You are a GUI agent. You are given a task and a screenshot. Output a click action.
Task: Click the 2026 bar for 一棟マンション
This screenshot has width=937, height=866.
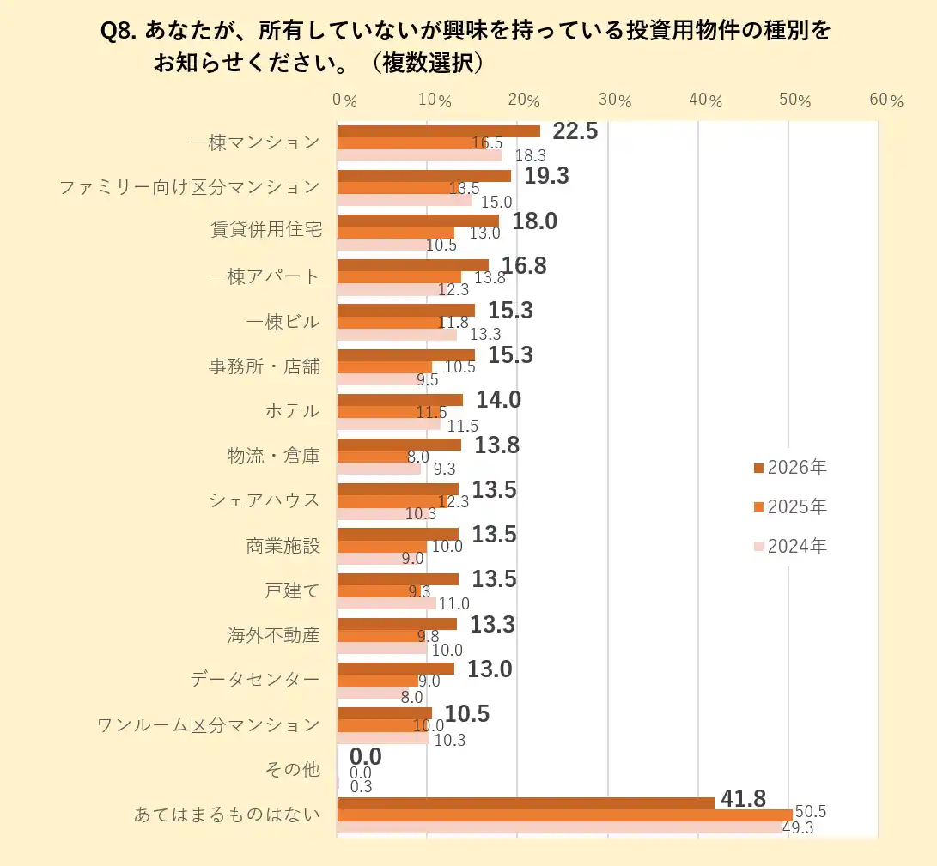click(438, 131)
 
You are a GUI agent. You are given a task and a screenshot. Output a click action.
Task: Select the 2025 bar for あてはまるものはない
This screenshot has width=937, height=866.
click(564, 815)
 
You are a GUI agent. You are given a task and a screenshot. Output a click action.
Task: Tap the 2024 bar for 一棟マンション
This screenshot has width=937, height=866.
click(419, 155)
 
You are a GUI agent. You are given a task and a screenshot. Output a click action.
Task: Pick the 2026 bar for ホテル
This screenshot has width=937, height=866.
click(399, 400)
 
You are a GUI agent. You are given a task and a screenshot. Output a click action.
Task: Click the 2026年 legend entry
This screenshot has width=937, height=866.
click(790, 468)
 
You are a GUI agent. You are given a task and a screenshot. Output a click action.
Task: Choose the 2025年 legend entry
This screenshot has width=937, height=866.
click(790, 507)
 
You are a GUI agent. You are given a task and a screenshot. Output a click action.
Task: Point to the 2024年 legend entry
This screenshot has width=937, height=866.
click(790, 546)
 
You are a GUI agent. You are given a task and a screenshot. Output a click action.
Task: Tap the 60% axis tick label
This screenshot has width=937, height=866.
click(885, 100)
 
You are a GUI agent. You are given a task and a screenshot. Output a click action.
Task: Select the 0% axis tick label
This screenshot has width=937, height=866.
click(344, 100)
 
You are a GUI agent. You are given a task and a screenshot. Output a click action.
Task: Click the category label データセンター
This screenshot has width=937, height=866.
click(255, 680)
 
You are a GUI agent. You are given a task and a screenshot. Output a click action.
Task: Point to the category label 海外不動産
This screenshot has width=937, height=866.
click(273, 635)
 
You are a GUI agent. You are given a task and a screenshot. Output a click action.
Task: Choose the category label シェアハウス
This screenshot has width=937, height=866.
click(264, 500)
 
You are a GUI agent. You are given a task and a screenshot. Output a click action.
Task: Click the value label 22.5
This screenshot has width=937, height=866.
click(575, 131)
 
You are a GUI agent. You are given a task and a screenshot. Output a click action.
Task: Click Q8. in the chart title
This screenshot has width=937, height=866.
click(119, 32)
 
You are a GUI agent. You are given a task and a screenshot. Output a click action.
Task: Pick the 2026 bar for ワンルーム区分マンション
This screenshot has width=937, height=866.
click(384, 713)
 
